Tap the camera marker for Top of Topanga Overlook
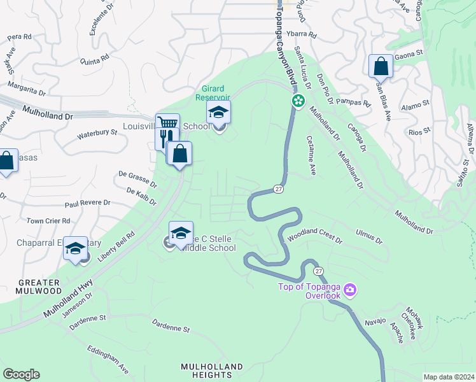point(349,291)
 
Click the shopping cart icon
point(167,124)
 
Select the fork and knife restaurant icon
point(163,138)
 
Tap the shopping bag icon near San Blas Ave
point(380,65)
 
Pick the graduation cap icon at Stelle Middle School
point(181,232)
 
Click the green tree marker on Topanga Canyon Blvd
point(297,101)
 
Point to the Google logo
point(21,374)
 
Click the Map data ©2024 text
point(449,377)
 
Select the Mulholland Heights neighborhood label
point(212,371)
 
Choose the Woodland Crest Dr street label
point(314,238)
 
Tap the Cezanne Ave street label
point(311,155)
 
